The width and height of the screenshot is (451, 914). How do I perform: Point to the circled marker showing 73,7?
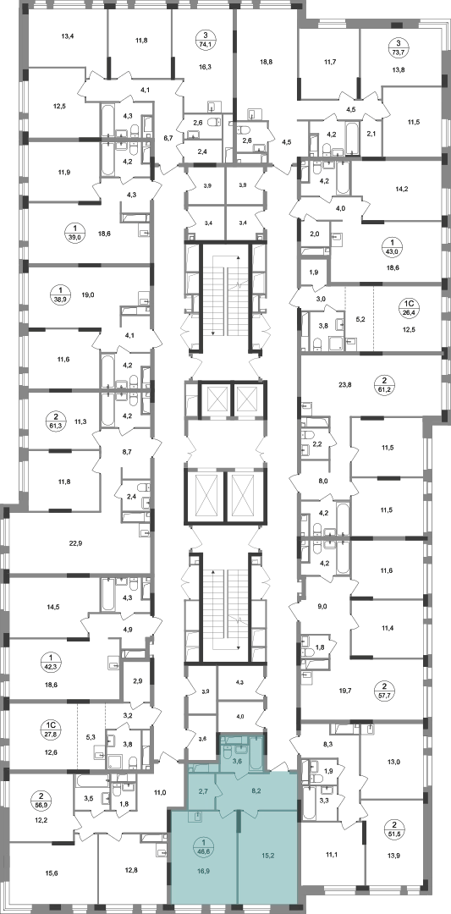399,46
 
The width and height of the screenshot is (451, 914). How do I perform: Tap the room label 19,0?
104,295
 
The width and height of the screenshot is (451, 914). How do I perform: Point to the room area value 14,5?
53,607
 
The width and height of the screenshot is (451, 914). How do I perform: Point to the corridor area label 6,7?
168,138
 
